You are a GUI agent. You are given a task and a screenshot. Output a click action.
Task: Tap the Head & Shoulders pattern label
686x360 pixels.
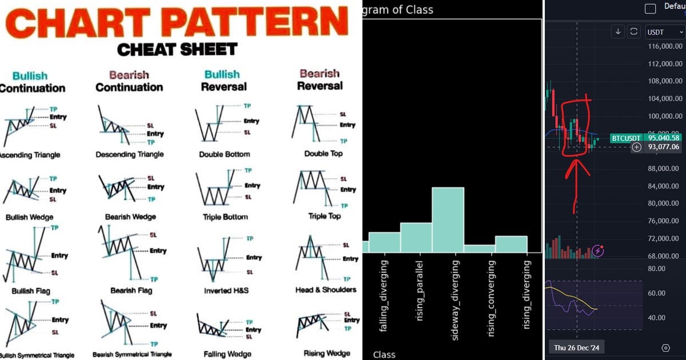pos(325,290)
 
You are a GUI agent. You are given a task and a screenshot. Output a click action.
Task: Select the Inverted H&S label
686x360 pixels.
pos(226,290)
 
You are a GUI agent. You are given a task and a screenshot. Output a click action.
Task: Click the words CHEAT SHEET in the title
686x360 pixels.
pos(177,49)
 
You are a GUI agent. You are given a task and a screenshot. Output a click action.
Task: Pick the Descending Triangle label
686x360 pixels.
pos(129,154)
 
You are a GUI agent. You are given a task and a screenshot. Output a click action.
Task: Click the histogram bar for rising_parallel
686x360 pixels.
pos(416,237)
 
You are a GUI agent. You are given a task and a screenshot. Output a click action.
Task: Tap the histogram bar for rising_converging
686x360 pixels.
pos(479,248)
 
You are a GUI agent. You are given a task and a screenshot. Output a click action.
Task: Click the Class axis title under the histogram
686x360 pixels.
pos(384,355)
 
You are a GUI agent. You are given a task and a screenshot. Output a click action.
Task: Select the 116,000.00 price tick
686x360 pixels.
pos(664,46)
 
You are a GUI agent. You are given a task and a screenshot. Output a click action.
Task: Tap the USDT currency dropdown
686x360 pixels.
pos(663,32)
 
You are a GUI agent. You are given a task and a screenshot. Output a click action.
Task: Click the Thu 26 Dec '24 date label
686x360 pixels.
pos(577,347)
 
